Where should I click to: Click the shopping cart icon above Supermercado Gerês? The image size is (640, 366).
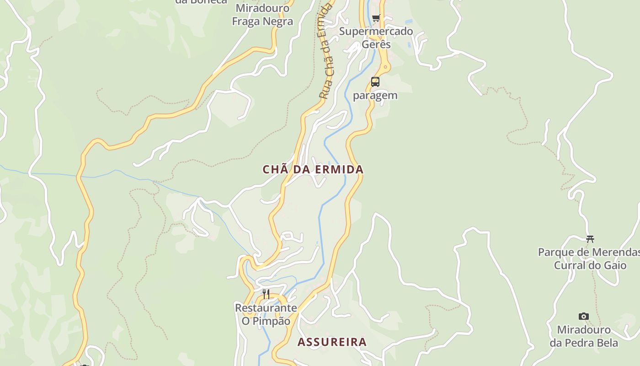pyautogui.click(x=376, y=18)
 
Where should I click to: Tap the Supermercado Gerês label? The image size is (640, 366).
pyautogui.click(x=376, y=38)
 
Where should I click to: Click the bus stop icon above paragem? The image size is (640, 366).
pyautogui.click(x=375, y=82)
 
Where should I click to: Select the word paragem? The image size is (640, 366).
pyautogui.click(x=375, y=96)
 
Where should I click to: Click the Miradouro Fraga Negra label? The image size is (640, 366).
pyautogui.click(x=262, y=15)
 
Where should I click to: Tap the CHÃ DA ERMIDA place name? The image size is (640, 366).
pyautogui.click(x=313, y=169)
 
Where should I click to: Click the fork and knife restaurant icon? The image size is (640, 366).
pyautogui.click(x=266, y=294)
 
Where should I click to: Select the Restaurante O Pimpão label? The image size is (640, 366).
pyautogui.click(x=266, y=314)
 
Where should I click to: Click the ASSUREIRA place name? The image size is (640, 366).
pyautogui.click(x=332, y=342)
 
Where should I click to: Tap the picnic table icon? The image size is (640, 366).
pyautogui.click(x=590, y=239)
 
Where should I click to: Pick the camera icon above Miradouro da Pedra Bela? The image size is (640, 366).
pyautogui.click(x=584, y=316)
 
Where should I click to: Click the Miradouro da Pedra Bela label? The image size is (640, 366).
pyautogui.click(x=584, y=336)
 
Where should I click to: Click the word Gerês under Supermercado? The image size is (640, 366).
pyautogui.click(x=376, y=44)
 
